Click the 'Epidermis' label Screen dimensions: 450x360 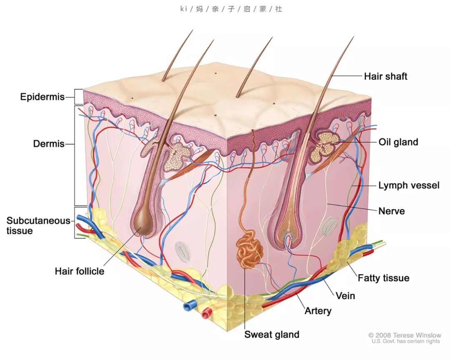[x=42, y=97]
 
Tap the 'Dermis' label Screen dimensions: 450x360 [x=49, y=143]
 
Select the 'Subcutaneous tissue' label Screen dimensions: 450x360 [x=38, y=226]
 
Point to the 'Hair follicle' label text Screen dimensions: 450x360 [x=80, y=271]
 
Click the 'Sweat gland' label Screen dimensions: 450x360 [x=272, y=335]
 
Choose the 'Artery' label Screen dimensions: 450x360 [x=318, y=310]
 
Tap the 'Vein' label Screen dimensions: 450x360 [x=345, y=296]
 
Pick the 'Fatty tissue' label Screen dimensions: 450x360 [x=383, y=278]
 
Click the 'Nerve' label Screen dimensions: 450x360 [x=391, y=211]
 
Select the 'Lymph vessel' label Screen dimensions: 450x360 [x=409, y=185]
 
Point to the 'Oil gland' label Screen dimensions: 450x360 [x=398, y=142]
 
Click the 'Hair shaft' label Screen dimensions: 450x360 [x=385, y=76]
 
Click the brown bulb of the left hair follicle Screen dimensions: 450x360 [x=144, y=224]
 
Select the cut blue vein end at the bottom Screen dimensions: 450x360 [x=188, y=306]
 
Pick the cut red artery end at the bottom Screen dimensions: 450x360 [x=207, y=313]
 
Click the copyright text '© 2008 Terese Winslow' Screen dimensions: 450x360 [x=405, y=335]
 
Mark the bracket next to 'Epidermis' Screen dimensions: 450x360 [x=79, y=97]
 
